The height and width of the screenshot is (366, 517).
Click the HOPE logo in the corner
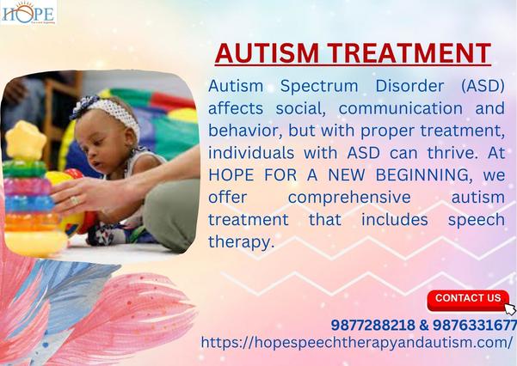28,13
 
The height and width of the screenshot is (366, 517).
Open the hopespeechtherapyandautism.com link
356,342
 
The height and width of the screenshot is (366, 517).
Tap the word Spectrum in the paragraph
304,88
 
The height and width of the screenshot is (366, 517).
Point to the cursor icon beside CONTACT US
509,308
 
